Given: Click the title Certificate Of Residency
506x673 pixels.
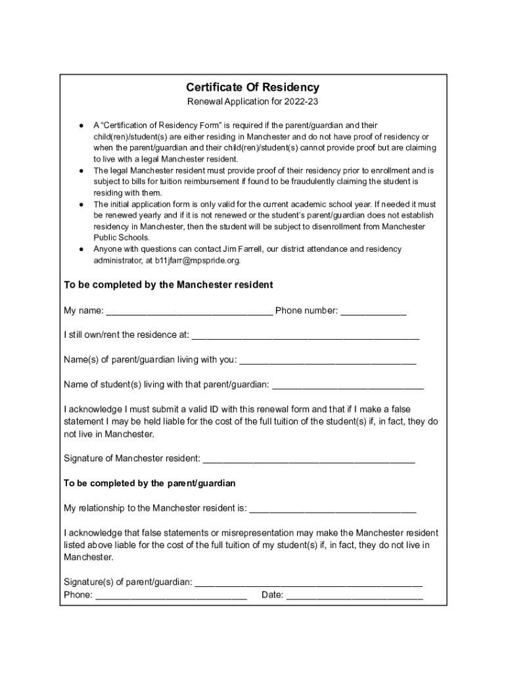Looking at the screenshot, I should click(252, 87).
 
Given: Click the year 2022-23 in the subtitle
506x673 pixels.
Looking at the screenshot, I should click(302, 102).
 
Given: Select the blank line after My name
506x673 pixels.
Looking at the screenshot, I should click(189, 311).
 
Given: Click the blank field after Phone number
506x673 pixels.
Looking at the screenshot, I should click(373, 311).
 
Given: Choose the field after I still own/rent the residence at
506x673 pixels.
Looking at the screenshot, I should click(305, 335).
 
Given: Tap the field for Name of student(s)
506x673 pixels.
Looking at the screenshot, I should click(348, 384).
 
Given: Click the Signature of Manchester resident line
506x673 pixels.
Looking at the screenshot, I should click(309, 458).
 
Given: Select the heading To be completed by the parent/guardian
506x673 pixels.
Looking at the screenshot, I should click(149, 483).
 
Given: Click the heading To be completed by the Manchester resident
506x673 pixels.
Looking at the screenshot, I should click(168, 285).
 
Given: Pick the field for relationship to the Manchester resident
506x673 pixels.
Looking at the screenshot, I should click(333, 508).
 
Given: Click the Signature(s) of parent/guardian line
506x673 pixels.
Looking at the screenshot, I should click(309, 582).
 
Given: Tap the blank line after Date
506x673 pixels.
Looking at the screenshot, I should click(355, 595).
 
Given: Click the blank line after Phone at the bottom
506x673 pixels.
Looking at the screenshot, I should click(171, 595).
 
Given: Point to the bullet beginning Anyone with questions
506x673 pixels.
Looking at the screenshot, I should click(80, 250).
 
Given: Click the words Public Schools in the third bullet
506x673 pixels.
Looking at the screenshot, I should click(112, 238).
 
